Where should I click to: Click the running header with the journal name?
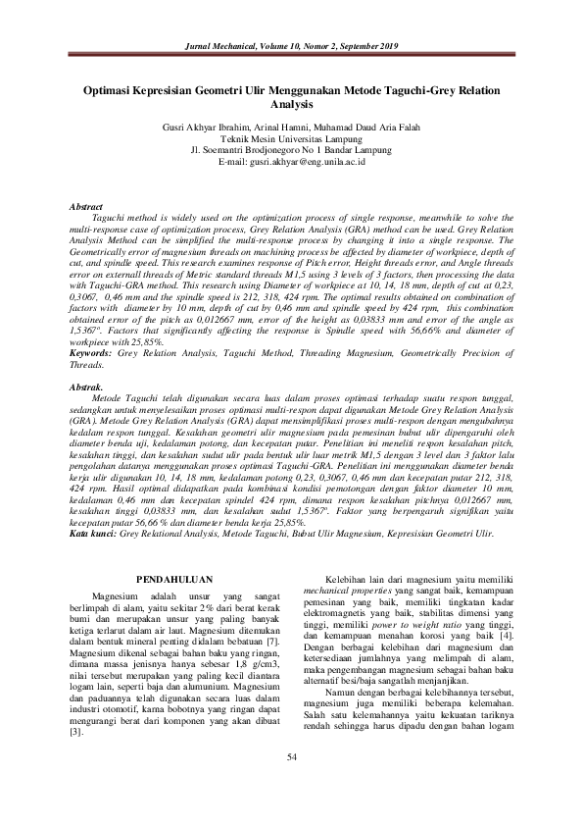click(x=291, y=46)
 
